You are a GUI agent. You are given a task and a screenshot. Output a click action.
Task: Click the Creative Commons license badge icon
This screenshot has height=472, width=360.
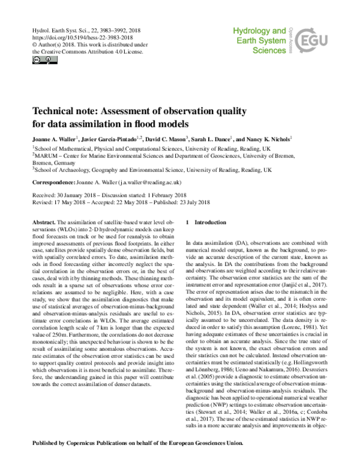[x=37, y=59]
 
